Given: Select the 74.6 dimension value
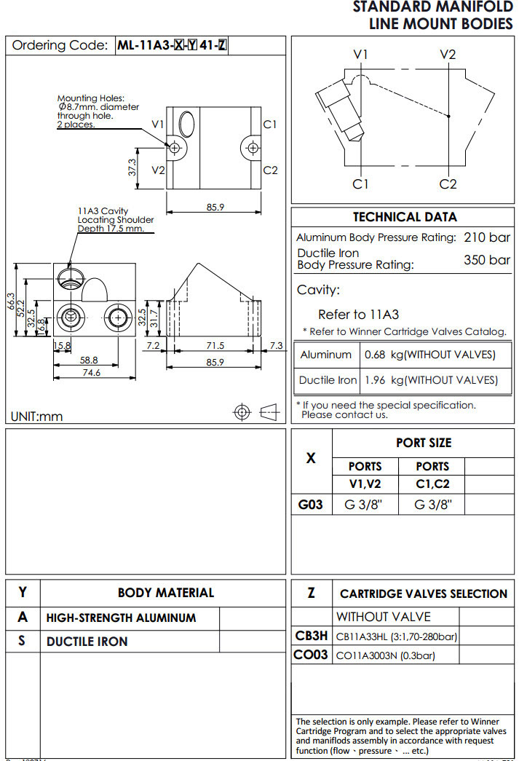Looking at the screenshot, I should (91, 373).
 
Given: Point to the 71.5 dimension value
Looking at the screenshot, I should (215, 346).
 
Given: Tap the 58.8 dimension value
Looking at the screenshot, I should (90, 360).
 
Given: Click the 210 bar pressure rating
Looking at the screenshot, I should (487, 237).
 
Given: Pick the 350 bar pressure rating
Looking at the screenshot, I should (487, 260).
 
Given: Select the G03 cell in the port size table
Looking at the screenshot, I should (311, 504).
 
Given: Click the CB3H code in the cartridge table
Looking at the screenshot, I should (311, 636).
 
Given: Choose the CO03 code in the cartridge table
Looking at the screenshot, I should (311, 655).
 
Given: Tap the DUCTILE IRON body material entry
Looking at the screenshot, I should (87, 642).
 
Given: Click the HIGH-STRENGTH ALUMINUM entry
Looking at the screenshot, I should (121, 618).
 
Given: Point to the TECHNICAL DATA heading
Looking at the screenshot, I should (405, 217).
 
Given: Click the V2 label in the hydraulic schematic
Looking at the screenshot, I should (448, 55).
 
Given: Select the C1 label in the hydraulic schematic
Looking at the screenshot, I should (360, 184).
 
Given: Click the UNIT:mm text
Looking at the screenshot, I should (36, 417).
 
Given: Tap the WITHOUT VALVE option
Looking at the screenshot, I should (383, 617).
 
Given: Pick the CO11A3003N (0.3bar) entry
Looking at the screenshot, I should (385, 655).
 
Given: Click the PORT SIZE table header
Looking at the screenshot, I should (424, 443).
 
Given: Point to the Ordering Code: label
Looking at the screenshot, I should (60, 45).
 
